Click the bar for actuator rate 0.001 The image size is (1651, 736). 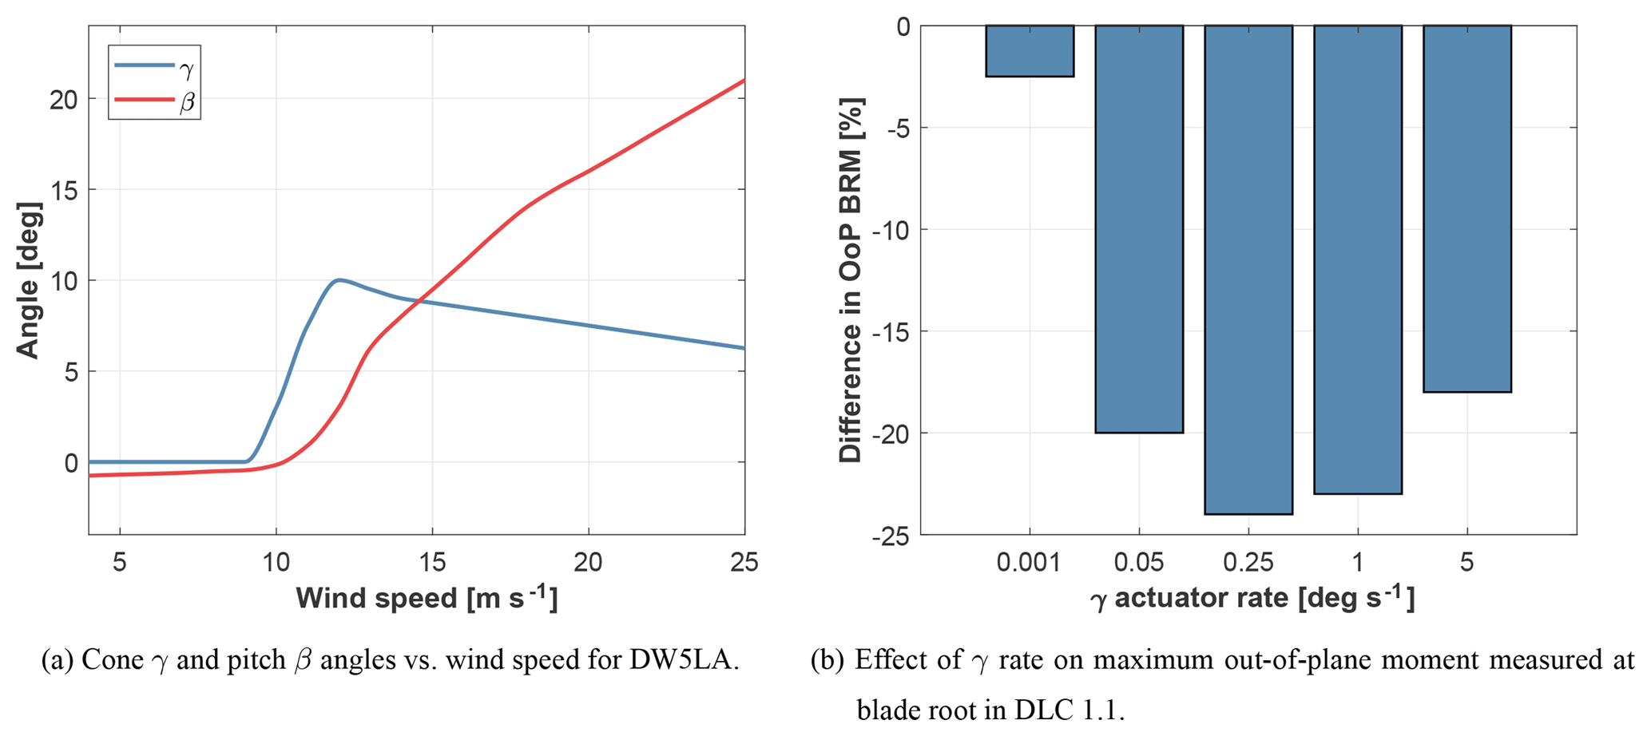point(1029,51)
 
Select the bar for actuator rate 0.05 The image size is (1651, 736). point(1138,229)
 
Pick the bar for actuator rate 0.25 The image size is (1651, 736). point(1248,270)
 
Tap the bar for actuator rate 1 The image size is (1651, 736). point(1357,259)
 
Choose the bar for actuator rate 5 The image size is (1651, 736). point(1466,208)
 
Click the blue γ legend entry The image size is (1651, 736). point(153,68)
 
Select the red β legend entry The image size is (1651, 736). point(153,101)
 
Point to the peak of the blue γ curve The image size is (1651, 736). point(339,279)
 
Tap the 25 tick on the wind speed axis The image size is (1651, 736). point(744,563)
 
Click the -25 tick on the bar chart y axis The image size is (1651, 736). point(891,536)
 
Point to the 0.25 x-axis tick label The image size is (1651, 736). point(1248,563)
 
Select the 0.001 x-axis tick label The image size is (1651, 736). point(1029,563)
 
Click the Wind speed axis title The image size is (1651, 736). point(426,598)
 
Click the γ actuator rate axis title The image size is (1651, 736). point(1252,598)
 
